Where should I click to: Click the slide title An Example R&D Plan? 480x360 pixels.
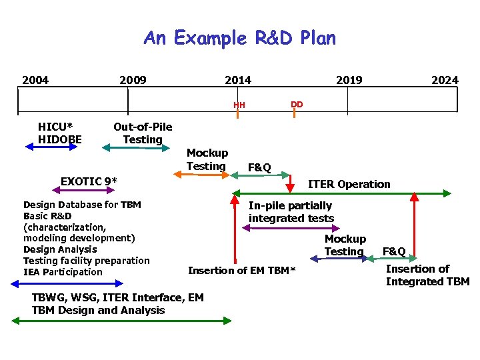tap(240, 38)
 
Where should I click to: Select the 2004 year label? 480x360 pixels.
tap(35, 81)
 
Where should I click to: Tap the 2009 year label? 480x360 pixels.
tap(133, 81)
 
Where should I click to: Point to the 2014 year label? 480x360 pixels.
tap(238, 81)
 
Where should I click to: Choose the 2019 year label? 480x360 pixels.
tap(349, 81)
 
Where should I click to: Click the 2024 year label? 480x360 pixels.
tap(445, 81)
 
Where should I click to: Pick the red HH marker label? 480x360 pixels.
tap(239, 105)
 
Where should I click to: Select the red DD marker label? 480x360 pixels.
tap(297, 104)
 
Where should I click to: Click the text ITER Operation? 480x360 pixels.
tap(349, 184)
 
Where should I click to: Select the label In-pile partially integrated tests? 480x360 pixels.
tap(291, 212)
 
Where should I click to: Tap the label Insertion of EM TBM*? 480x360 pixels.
tap(241, 270)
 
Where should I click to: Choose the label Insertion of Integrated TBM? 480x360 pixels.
tap(427, 275)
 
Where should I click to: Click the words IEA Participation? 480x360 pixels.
tap(63, 272)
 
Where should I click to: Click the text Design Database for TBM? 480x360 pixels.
tap(82, 205)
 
